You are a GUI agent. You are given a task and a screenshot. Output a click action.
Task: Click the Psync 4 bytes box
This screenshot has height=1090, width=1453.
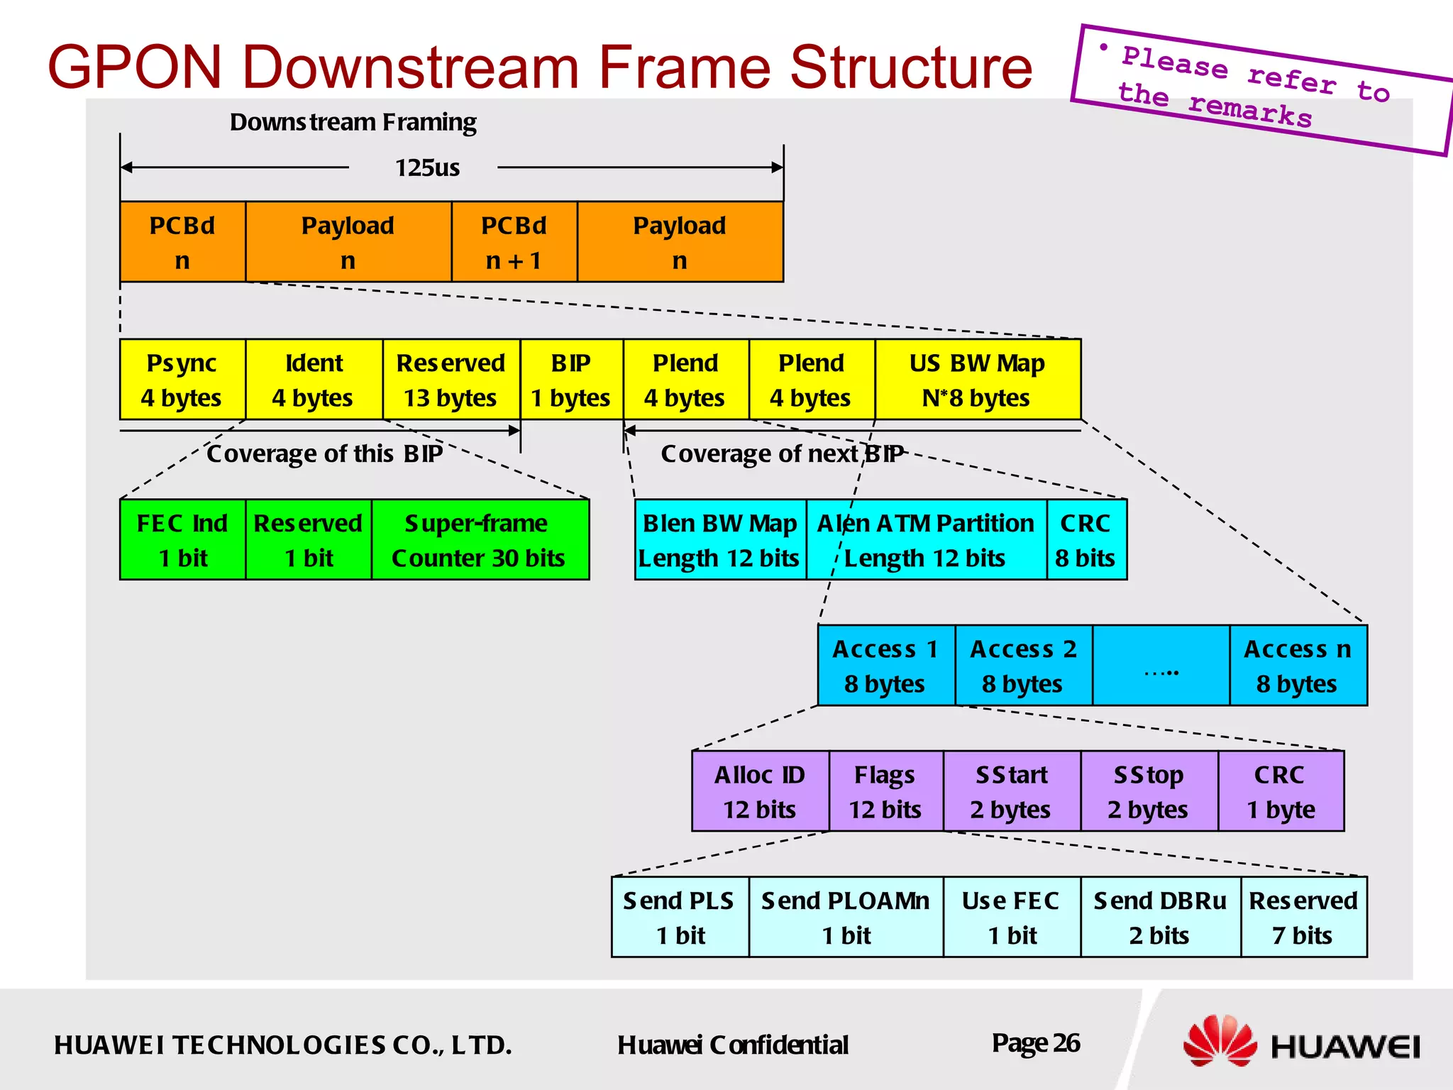click(x=182, y=380)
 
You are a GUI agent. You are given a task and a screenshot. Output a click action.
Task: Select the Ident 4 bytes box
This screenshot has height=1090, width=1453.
click(x=314, y=380)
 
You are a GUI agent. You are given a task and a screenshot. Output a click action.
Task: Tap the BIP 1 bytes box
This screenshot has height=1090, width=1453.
click(x=571, y=380)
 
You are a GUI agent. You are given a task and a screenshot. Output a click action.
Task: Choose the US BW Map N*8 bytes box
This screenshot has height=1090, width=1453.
click(x=978, y=380)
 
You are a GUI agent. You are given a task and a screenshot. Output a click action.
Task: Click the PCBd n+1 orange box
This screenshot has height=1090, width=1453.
click(x=514, y=242)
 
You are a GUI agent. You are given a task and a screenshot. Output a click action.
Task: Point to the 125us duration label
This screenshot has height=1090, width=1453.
click(x=427, y=168)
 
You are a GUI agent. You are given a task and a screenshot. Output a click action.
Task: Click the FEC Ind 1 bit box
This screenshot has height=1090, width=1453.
click(x=182, y=540)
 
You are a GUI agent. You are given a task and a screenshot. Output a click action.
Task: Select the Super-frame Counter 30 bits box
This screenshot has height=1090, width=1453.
click(x=480, y=540)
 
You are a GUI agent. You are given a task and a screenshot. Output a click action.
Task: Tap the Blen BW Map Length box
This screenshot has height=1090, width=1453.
click(x=719, y=540)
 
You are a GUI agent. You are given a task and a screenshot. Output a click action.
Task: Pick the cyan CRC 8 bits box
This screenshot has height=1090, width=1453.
click(x=1085, y=540)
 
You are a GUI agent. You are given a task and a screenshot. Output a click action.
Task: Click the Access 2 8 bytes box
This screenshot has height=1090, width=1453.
click(x=1023, y=666)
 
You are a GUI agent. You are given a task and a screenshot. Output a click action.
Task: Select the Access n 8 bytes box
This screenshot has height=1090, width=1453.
click(x=1298, y=666)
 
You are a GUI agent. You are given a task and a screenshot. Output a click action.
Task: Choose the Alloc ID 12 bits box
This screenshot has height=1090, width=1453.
click(x=760, y=791)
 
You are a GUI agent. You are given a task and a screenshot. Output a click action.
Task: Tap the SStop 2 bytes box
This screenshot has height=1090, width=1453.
click(x=1149, y=791)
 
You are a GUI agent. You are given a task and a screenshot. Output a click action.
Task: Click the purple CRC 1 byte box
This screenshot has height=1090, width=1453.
click(x=1281, y=791)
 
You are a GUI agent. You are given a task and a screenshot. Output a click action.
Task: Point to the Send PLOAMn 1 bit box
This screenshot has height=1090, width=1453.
click(x=846, y=917)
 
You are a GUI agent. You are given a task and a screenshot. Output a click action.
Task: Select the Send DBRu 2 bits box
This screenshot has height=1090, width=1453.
click(x=1160, y=917)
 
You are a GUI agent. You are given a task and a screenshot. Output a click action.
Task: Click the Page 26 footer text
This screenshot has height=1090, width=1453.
click(x=1036, y=1043)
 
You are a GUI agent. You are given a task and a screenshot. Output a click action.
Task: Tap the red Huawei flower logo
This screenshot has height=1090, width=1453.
click(x=1219, y=1041)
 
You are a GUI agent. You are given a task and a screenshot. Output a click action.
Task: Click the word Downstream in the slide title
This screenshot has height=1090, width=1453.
click(x=409, y=67)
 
